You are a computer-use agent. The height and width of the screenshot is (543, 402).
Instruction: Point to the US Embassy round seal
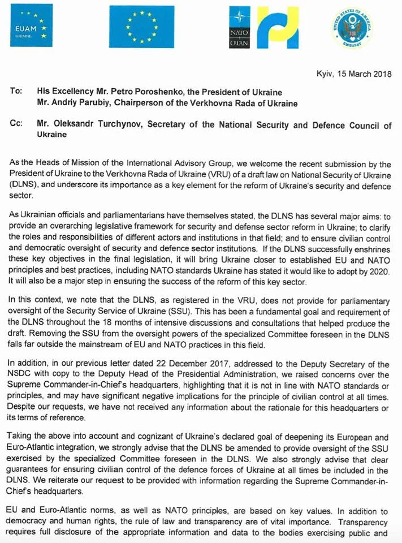click(351, 27)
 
